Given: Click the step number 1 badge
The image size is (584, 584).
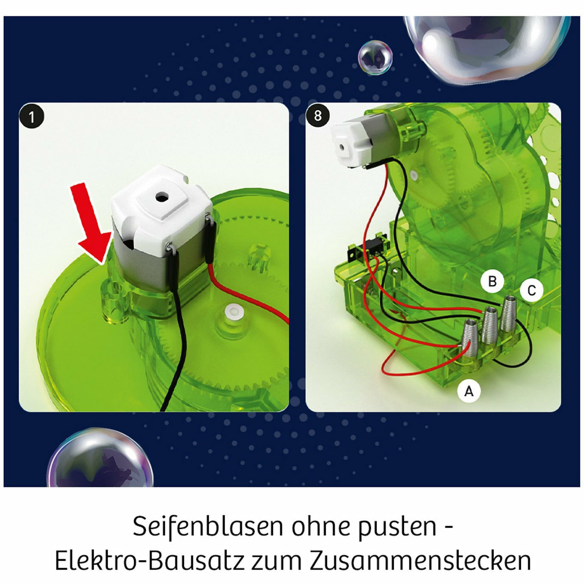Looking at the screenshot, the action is coord(31,117).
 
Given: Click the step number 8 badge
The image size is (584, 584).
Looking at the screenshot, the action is coord(317,115).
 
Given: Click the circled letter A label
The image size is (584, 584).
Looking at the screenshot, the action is coord(469,391).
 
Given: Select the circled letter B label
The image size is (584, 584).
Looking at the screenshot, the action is coord(492,281).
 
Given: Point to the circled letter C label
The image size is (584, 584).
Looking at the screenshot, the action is coord(531,290).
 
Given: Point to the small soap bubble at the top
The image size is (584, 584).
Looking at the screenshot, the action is coord(375,58).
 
